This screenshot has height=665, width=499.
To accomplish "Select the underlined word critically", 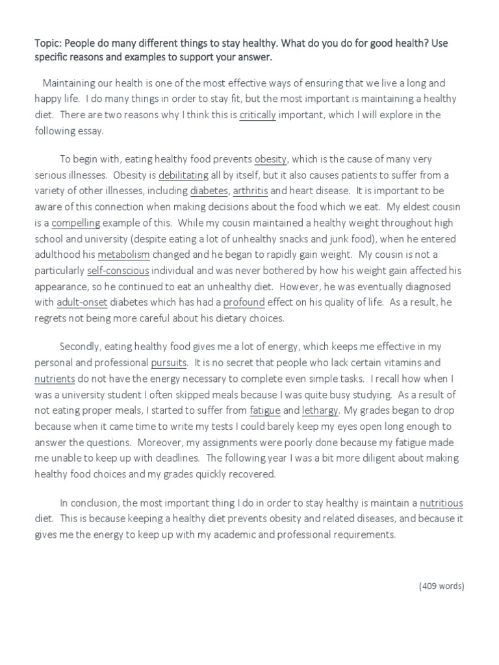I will [x=258, y=115].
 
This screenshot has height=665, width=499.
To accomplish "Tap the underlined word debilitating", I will [x=183, y=175].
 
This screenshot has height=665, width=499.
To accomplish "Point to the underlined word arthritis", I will [x=250, y=191].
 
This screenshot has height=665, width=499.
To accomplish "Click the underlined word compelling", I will [x=76, y=223].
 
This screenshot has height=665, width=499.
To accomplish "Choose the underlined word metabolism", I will [x=123, y=255].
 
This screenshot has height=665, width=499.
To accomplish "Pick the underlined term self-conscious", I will [x=118, y=270].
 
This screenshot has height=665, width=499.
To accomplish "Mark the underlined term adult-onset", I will [x=81, y=302].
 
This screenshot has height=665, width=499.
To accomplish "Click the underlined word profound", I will [x=244, y=302].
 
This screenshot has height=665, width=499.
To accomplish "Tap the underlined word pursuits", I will [x=169, y=362].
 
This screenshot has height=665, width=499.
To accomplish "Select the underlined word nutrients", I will [x=55, y=379].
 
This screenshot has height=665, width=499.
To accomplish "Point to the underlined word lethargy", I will [x=320, y=410].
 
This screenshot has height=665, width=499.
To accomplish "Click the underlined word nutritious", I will [x=441, y=503].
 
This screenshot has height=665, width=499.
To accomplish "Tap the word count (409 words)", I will [x=441, y=586].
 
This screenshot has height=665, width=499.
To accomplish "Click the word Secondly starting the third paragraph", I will [x=81, y=347].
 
